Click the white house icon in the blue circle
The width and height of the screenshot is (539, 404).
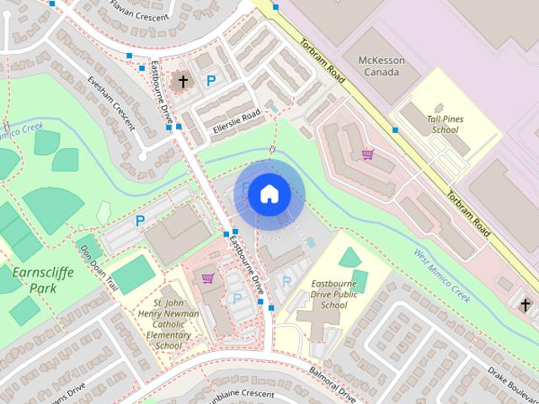tap(269, 194)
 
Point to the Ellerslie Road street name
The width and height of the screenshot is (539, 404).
tap(237, 123)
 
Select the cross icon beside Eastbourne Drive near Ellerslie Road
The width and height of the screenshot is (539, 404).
tap(183, 82)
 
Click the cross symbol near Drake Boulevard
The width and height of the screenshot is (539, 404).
tap(526, 305)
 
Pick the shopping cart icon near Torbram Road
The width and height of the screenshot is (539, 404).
tap(366, 154)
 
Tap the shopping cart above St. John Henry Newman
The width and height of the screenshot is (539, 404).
tap(208, 278)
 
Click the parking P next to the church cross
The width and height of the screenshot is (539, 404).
tap(211, 82)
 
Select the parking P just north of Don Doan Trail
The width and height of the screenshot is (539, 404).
tap(140, 221)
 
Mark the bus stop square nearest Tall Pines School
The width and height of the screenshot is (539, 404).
tap(395, 130)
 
